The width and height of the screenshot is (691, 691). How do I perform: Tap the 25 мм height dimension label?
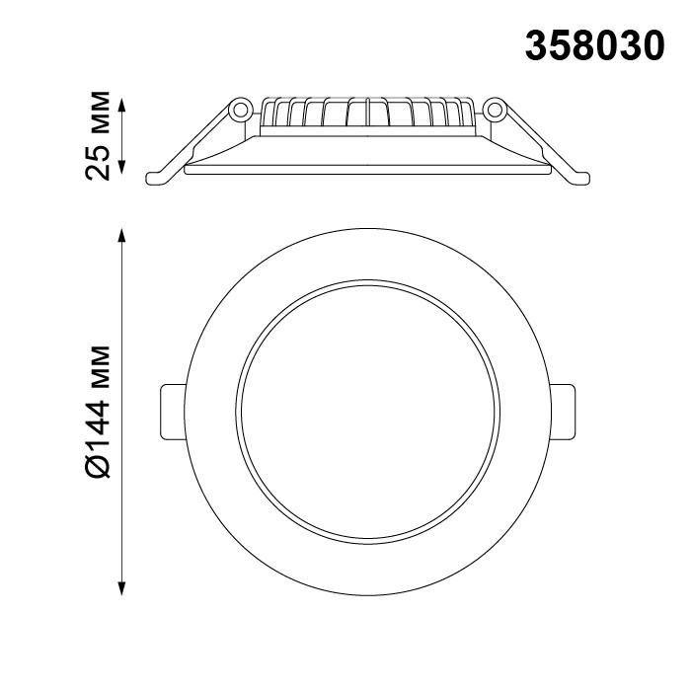coord(100,135)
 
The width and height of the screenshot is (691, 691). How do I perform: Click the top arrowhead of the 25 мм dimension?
coord(121,102)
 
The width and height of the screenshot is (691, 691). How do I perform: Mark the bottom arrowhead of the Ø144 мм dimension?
coord(121,589)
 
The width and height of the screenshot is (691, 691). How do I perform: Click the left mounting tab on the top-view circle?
coord(172,412)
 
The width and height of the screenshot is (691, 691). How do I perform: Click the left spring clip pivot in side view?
coord(240,108)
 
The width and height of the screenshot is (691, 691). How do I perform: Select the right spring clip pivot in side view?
coord(495,108)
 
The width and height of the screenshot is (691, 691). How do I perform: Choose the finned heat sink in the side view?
coord(367,115)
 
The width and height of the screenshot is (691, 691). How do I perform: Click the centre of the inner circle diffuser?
coord(367,412)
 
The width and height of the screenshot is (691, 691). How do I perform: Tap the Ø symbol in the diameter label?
coord(100,463)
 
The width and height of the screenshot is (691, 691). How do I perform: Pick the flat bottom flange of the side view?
coord(367,169)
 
